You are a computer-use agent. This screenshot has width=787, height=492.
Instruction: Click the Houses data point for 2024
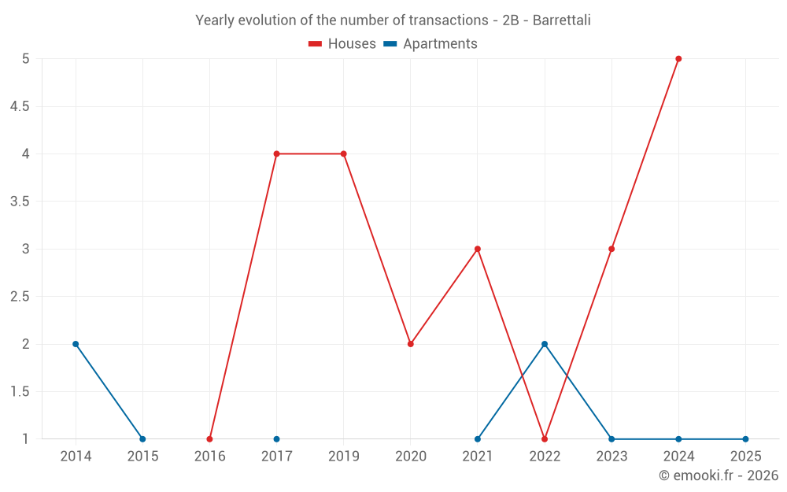pyautogui.click(x=678, y=59)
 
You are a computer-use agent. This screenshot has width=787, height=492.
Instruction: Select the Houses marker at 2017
pyautogui.click(x=277, y=154)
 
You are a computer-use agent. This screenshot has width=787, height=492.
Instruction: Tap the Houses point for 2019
pyautogui.click(x=344, y=154)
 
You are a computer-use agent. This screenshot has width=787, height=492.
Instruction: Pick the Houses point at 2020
pyautogui.click(x=411, y=344)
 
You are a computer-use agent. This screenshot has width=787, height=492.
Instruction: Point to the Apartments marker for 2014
pyautogui.click(x=76, y=344)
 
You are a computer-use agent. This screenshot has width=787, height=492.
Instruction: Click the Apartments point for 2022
pyautogui.click(x=545, y=344)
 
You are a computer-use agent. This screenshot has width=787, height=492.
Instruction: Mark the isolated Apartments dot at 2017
pyautogui.click(x=277, y=439)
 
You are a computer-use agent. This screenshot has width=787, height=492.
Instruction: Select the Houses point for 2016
pyautogui.click(x=209, y=439)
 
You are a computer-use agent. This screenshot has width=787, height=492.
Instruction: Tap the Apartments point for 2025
pyautogui.click(x=745, y=439)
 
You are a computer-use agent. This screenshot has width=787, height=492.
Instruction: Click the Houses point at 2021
pyautogui.click(x=478, y=249)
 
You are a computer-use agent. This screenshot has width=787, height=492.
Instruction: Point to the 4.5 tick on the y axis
pyautogui.click(x=20, y=106)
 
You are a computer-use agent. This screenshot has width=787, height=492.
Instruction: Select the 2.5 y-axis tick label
pyautogui.click(x=20, y=297)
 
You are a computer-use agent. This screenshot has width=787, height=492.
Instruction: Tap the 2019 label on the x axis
pyautogui.click(x=344, y=457)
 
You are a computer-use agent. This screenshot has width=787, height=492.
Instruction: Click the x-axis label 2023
pyautogui.click(x=611, y=457)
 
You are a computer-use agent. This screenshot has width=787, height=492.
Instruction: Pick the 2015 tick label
pyautogui.click(x=142, y=457)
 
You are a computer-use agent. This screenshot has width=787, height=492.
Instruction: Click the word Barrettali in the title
pyautogui.click(x=561, y=20)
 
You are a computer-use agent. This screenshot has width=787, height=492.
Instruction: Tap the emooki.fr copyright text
pyautogui.click(x=718, y=475)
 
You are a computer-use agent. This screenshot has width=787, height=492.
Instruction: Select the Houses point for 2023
pyautogui.click(x=611, y=249)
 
